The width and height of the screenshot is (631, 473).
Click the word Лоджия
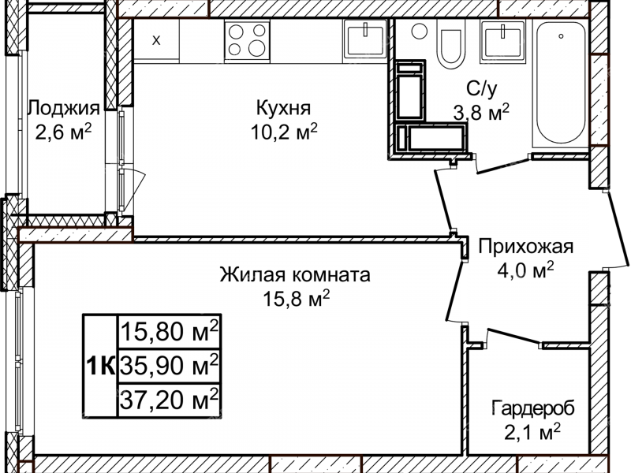pos(63,108)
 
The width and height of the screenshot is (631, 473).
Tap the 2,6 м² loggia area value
pos(63,130)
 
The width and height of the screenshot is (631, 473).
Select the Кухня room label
pos(283,107)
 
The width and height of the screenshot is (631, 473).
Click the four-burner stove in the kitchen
pos(248,39)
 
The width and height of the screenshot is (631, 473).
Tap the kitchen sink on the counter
pos(364,39)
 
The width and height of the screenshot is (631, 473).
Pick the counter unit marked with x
pos(156,40)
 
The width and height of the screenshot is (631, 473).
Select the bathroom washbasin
pos(501,39)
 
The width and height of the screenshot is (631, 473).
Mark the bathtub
pos(560,83)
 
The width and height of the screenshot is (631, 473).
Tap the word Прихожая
pos(525,247)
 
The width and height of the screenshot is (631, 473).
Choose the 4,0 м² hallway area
pos(525,270)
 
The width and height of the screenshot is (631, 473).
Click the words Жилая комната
pos(294,275)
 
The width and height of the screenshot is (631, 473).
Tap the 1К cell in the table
pos(99,366)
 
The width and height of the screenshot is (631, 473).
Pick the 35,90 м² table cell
pos(169,366)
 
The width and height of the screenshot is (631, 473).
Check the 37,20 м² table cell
pos(169,400)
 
